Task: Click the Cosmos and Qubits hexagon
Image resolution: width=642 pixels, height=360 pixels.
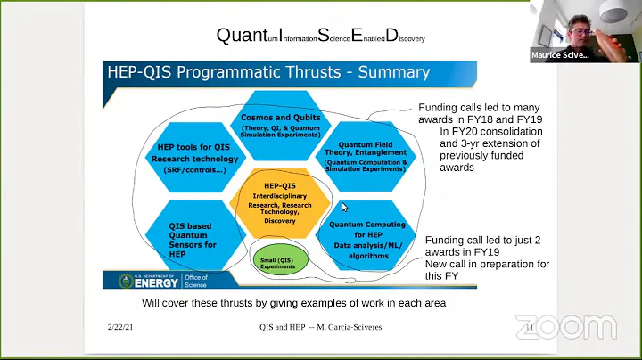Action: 281,124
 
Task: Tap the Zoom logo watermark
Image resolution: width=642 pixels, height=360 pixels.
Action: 566,327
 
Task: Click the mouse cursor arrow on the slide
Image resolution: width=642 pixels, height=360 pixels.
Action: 344,208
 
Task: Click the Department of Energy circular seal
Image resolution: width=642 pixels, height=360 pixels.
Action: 127,280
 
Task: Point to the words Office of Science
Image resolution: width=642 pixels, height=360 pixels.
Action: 194,281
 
